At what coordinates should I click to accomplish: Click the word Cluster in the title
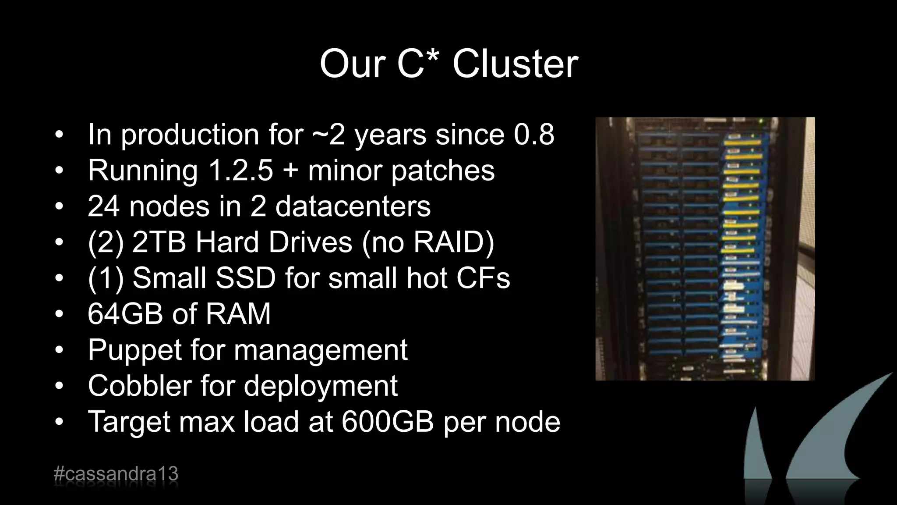[x=515, y=64]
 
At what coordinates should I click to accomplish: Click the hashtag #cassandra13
[x=116, y=474]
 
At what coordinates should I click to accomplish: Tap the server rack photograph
[x=705, y=249]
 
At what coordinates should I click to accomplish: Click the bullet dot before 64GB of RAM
[x=60, y=314]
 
